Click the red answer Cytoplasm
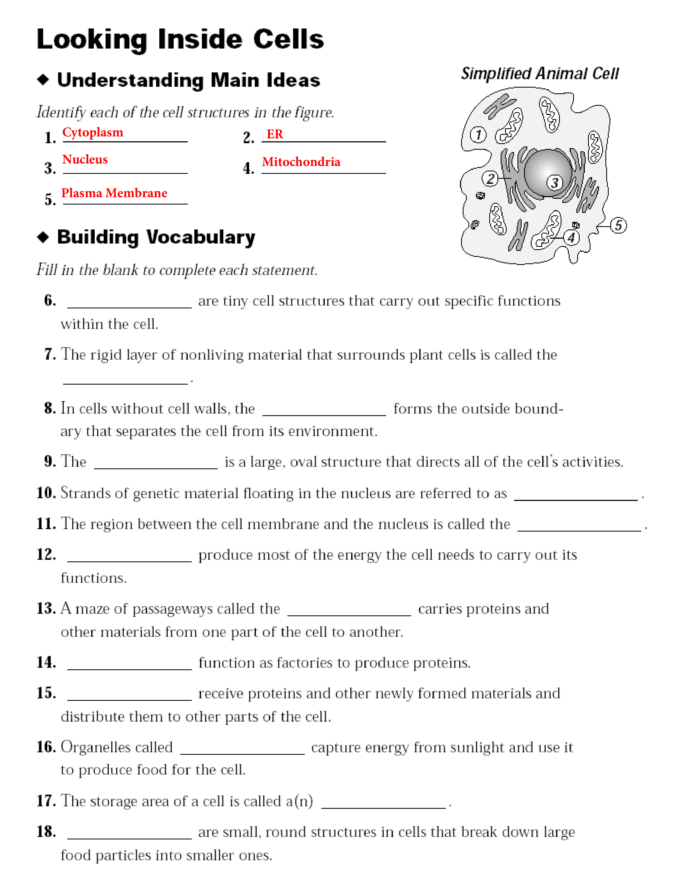[93, 132]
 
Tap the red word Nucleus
[85, 159]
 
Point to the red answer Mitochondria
[301, 162]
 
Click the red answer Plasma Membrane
[114, 193]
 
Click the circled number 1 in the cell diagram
[478, 135]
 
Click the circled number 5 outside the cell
[618, 225]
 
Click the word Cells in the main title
[288, 40]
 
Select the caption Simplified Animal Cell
[539, 74]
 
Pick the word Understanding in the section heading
[130, 80]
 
